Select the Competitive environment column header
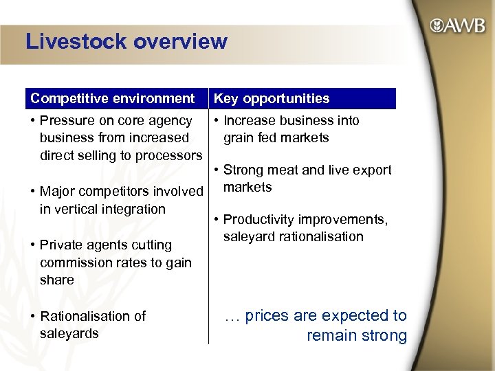pyautogui.click(x=113, y=99)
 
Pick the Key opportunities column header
pyautogui.click(x=272, y=99)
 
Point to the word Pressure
pyautogui.click(x=67, y=121)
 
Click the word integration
pyautogui.click(x=132, y=209)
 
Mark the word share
pyautogui.click(x=57, y=280)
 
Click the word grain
pyautogui.click(x=239, y=137)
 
